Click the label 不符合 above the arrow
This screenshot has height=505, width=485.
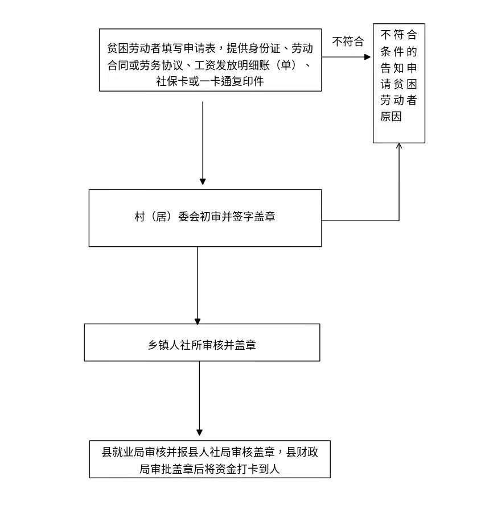coord(348,42)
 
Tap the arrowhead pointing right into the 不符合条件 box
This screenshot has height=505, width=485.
coord(367,57)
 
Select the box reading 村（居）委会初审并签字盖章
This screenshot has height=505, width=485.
coord(205,218)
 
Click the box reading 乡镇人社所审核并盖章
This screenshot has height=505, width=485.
coord(202,342)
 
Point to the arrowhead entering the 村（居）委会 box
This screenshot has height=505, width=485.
coord(203,181)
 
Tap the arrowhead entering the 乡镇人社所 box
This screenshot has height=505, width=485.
coord(198,321)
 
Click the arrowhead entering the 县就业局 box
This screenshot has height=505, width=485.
coord(199,432)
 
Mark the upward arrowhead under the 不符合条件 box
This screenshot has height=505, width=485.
coord(399,146)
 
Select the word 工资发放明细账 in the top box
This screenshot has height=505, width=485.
coord(232,65)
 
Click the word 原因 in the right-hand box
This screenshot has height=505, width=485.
coord(391,116)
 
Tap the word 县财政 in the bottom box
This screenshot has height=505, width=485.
coord(302,452)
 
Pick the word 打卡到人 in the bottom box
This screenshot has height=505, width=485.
coord(258,469)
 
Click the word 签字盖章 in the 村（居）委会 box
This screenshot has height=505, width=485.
coord(254,217)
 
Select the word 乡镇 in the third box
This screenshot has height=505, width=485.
coord(159,345)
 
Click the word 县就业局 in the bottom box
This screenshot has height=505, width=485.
coord(123,452)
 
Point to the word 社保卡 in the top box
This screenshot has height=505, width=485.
coord(172,81)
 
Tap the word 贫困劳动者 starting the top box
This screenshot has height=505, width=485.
coord(134,48)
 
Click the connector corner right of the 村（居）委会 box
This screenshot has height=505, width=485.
coord(399,221)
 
